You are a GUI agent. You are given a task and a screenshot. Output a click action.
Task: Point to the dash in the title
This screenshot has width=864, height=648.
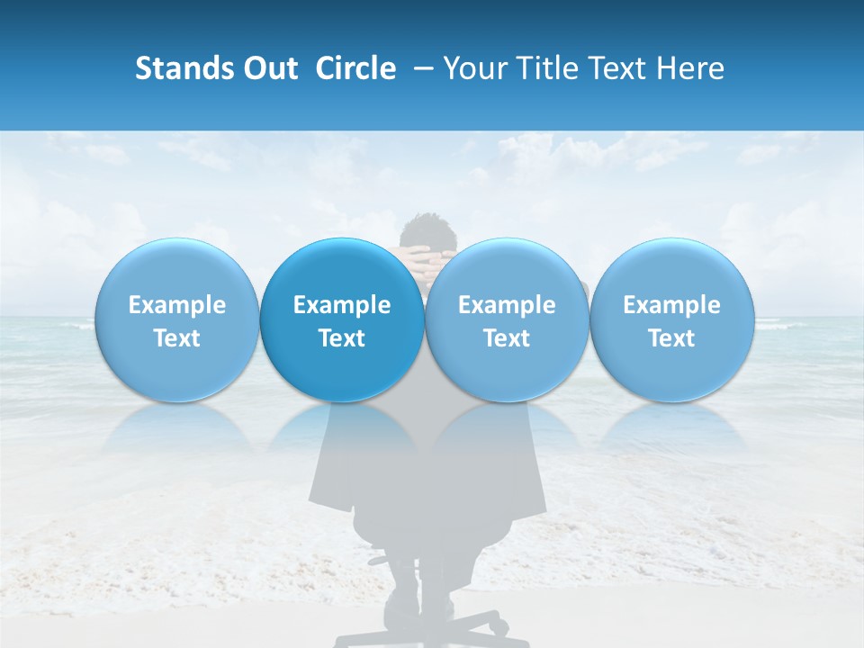point(419,69)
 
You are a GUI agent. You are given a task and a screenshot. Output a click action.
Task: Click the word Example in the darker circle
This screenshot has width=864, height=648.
point(342,305)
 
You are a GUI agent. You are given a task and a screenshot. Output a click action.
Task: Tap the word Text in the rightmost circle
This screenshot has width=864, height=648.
point(671,338)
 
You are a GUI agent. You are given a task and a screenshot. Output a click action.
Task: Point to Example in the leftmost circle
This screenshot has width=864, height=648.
point(177,305)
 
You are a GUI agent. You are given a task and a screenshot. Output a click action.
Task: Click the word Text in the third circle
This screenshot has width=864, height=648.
point(507,338)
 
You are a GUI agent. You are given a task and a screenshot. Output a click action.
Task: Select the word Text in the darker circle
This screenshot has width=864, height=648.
point(342,338)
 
